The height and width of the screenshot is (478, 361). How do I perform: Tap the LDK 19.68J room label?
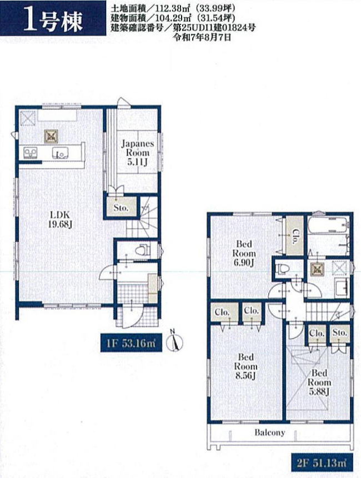[60, 219]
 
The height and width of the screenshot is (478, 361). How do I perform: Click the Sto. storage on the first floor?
[121, 208]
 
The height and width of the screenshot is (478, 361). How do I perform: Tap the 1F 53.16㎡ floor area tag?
[132, 343]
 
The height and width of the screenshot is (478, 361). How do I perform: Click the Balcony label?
[270, 432]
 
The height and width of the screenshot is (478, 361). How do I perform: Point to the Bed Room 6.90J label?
[244, 253]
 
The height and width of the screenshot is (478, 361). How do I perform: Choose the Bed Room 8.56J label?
[245, 366]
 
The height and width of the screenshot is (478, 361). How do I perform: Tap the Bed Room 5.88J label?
[319, 383]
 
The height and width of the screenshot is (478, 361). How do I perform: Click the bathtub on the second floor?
[328, 225]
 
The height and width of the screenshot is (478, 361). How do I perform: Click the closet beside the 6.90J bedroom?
[295, 235]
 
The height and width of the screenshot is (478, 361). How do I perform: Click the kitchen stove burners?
[31, 153]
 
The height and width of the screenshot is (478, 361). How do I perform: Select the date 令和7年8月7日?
[202, 37]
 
